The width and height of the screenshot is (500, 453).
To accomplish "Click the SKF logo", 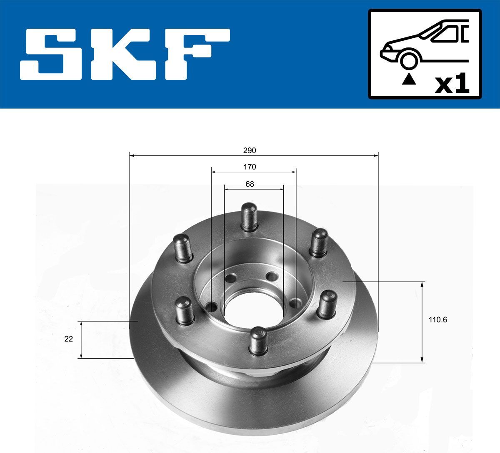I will [x=125, y=54].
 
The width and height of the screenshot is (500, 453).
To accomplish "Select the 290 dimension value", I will [x=250, y=150].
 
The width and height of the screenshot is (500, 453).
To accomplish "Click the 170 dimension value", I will [x=250, y=167].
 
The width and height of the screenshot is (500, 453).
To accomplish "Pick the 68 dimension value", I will [x=250, y=184].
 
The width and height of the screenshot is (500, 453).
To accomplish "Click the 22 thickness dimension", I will [x=69, y=339].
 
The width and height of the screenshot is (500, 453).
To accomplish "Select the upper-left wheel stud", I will [x=182, y=248].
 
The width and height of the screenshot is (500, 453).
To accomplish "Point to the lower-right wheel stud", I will [x=327, y=304].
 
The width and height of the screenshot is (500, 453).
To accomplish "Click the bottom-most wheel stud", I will [x=258, y=340].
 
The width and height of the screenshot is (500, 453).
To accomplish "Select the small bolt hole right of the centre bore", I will [x=297, y=302].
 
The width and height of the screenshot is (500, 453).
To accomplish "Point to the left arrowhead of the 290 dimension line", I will [x=132, y=156].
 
